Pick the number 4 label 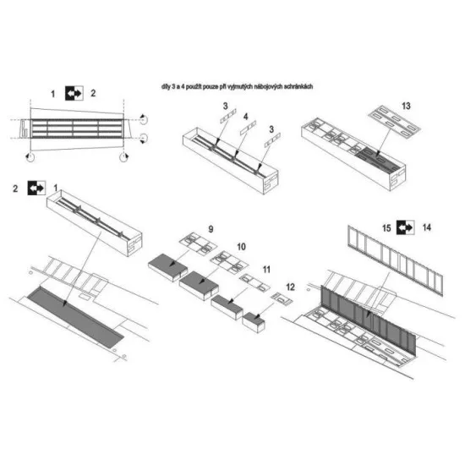tap(245, 115)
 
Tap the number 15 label tap(386, 227)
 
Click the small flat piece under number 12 tap(278, 298)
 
